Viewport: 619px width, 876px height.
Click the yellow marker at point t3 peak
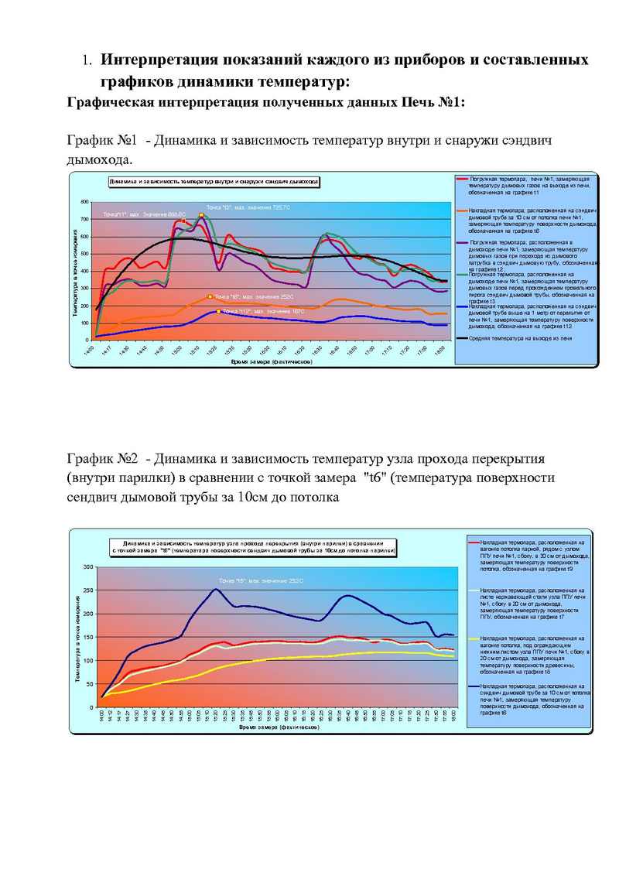(x=201, y=214)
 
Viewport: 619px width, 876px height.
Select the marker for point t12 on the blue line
(x=219, y=311)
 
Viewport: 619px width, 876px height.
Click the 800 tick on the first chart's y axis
(x=84, y=202)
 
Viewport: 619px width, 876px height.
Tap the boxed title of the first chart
(x=214, y=180)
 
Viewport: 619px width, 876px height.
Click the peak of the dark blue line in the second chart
(x=216, y=589)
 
